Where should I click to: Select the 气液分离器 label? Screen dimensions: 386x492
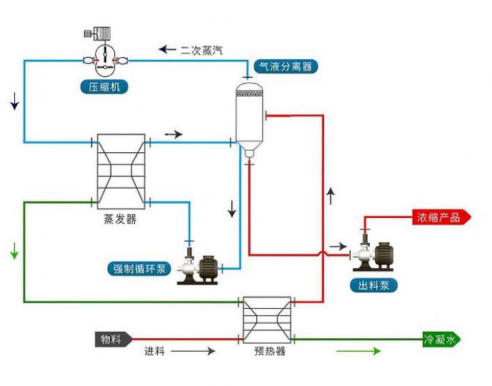[284, 66]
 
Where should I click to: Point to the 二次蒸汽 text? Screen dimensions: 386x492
[201, 49]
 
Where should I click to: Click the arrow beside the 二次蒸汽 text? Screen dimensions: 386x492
[167, 49]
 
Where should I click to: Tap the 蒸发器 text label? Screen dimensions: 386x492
[120, 219]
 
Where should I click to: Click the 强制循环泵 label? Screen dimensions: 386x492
[140, 269]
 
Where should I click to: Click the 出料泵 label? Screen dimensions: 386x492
[373, 286]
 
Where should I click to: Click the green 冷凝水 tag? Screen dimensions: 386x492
[440, 340]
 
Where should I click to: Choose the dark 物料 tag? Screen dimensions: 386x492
[111, 339]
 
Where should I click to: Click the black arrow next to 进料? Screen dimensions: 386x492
[193, 351]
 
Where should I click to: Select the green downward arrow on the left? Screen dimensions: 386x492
[14, 252]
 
